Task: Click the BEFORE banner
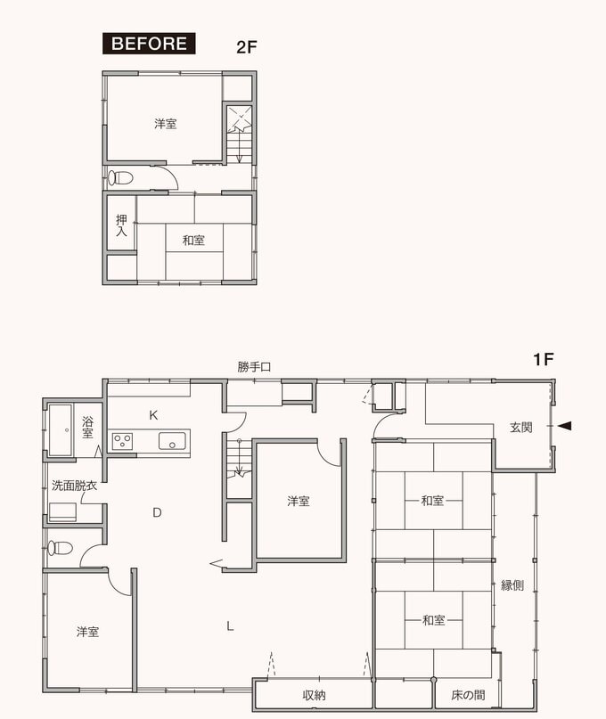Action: tap(149, 44)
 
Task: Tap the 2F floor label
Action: tap(247, 47)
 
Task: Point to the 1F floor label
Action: tap(543, 360)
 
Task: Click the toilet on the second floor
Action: tap(120, 177)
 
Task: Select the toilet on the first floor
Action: tap(61, 548)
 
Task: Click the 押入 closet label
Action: tap(121, 225)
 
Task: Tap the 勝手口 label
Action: tap(254, 367)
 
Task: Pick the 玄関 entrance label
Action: tap(521, 428)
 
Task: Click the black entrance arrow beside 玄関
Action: tap(564, 426)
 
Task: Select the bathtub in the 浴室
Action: tap(61, 430)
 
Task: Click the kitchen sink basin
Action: tap(173, 441)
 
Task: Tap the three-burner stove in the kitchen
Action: tap(122, 442)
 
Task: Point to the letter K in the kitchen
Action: tap(153, 415)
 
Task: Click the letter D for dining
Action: tap(157, 512)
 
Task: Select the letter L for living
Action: tap(230, 626)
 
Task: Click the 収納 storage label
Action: tap(315, 695)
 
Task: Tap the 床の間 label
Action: tap(468, 695)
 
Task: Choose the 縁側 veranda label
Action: tap(512, 585)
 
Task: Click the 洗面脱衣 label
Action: tap(74, 486)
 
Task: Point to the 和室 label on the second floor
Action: tap(193, 240)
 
